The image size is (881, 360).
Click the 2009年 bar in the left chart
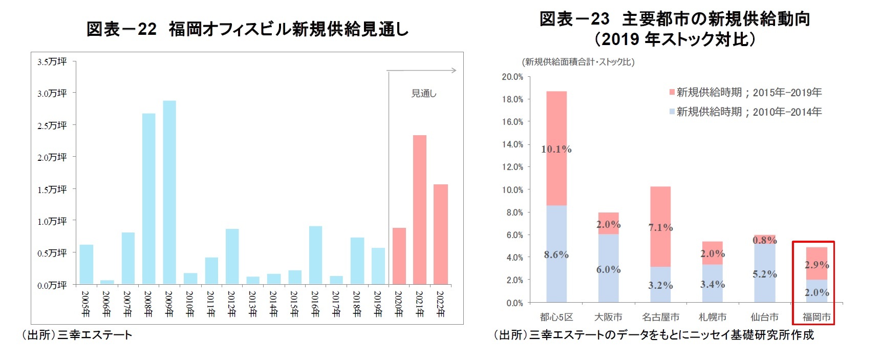[169, 192]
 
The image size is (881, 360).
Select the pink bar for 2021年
[420, 209]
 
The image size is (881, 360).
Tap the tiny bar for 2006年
[107, 282]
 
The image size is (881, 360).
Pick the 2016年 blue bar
[315, 255]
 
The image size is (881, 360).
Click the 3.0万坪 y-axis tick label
[52, 93]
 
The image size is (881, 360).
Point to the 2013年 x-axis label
[252, 304]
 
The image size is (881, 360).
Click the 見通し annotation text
[424, 93]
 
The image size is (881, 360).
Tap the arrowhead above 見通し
[454, 70]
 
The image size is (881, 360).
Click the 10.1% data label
[556, 149]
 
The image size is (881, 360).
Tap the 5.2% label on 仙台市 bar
[764, 274]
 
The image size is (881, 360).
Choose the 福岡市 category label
[816, 317]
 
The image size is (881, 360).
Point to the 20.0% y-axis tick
[512, 77]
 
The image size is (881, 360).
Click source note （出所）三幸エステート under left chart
[77, 335]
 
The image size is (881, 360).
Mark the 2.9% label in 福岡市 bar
[816, 265]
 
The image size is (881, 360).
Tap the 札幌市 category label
[712, 317]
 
